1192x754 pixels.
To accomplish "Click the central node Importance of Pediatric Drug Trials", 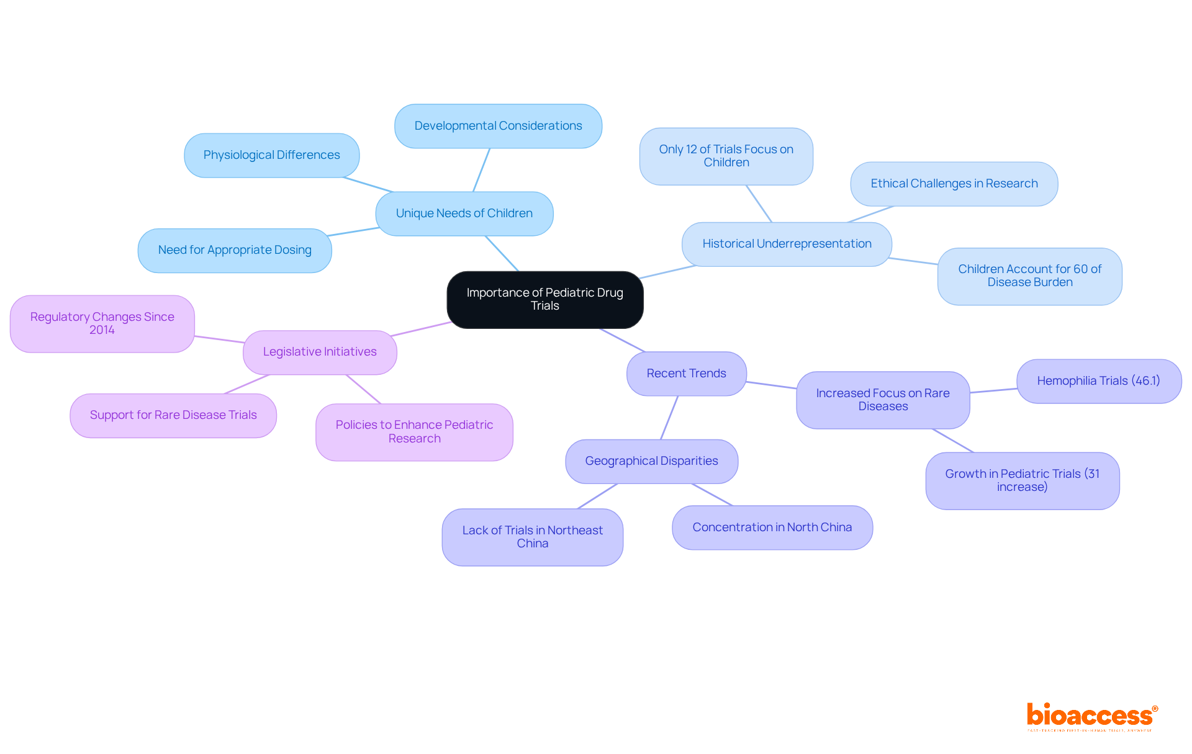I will coord(544,299).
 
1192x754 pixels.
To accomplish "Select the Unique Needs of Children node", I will coord(464,213).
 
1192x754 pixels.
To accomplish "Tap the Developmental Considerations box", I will coord(498,126).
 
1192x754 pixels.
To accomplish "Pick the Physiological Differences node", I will coord(271,155).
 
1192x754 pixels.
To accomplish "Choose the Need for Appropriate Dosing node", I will coord(235,250).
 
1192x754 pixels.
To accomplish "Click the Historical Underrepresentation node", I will coord(787,244).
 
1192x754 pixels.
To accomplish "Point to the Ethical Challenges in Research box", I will coord(954,184).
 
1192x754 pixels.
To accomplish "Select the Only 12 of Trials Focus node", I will coord(726,156).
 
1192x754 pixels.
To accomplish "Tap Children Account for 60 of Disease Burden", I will coord(1029,276).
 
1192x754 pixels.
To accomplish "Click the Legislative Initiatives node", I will coord(320,352).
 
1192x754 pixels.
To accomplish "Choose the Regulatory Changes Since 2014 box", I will coord(102,323).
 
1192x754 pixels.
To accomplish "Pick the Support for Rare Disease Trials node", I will coord(173,415).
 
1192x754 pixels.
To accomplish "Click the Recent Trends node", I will coord(686,374).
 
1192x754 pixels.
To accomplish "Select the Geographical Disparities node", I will coord(651,461).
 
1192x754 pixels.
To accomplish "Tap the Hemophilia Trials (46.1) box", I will coord(1098,381).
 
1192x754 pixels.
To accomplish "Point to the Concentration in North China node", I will coord(772,527).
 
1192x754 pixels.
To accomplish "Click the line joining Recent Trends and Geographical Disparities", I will coord(669,418).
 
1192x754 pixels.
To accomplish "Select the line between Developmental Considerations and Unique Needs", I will coord(481,170).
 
